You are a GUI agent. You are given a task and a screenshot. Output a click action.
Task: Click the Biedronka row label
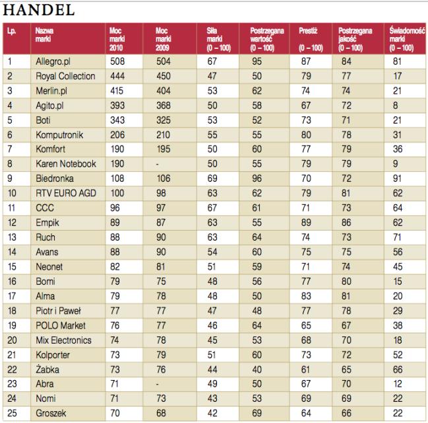[x=55, y=178]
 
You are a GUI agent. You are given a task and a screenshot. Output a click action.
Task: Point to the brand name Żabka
[x=48, y=369]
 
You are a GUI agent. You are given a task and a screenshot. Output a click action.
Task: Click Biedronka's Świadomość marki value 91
[x=396, y=178]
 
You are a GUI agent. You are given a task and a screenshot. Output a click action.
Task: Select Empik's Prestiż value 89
[x=305, y=223]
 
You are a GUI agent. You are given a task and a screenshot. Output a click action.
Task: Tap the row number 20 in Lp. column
[x=11, y=340]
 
